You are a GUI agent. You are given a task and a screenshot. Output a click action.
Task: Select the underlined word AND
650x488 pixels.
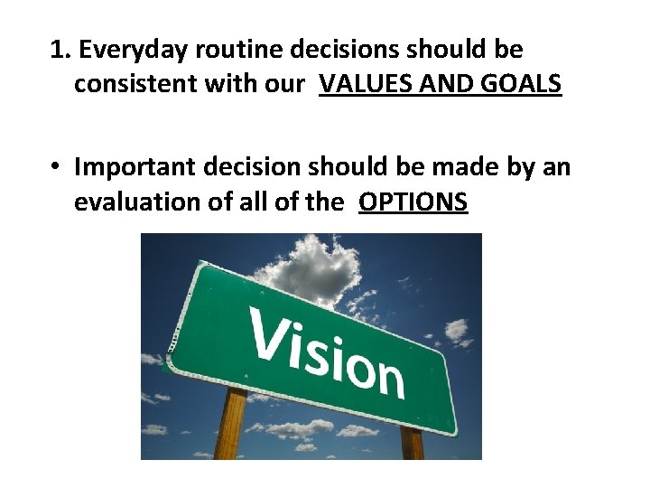pyautogui.click(x=438, y=84)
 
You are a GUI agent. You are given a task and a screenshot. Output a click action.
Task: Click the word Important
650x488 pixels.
pyautogui.click(x=129, y=167)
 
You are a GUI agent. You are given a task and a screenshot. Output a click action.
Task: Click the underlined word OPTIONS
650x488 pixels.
pyautogui.click(x=413, y=202)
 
